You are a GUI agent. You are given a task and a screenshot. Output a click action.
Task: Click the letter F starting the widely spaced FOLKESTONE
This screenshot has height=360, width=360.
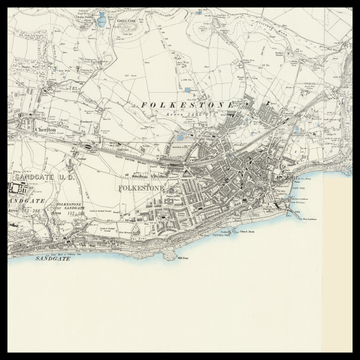click(146, 104)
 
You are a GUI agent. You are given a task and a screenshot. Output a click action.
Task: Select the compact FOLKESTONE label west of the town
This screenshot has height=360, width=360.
click(139, 187)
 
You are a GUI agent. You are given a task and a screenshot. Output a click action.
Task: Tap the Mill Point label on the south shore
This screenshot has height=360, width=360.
click(183, 256)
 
